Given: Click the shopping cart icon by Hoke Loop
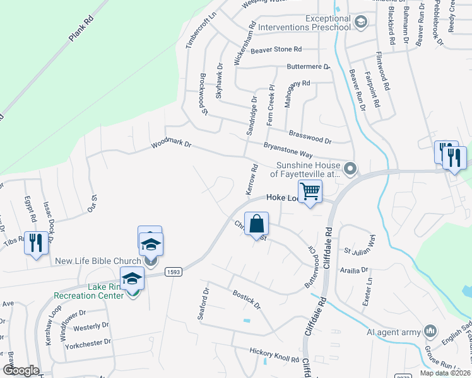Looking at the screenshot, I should (x=309, y=191).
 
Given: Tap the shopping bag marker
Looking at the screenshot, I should (x=257, y=224).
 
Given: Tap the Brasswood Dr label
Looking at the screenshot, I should (x=310, y=136).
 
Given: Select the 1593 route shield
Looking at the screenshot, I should (x=175, y=272).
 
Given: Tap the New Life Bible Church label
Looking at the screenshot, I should (x=97, y=261).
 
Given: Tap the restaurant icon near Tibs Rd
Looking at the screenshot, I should (x=35, y=243).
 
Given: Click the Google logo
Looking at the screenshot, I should (x=20, y=370).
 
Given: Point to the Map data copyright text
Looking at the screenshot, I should (x=444, y=373).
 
